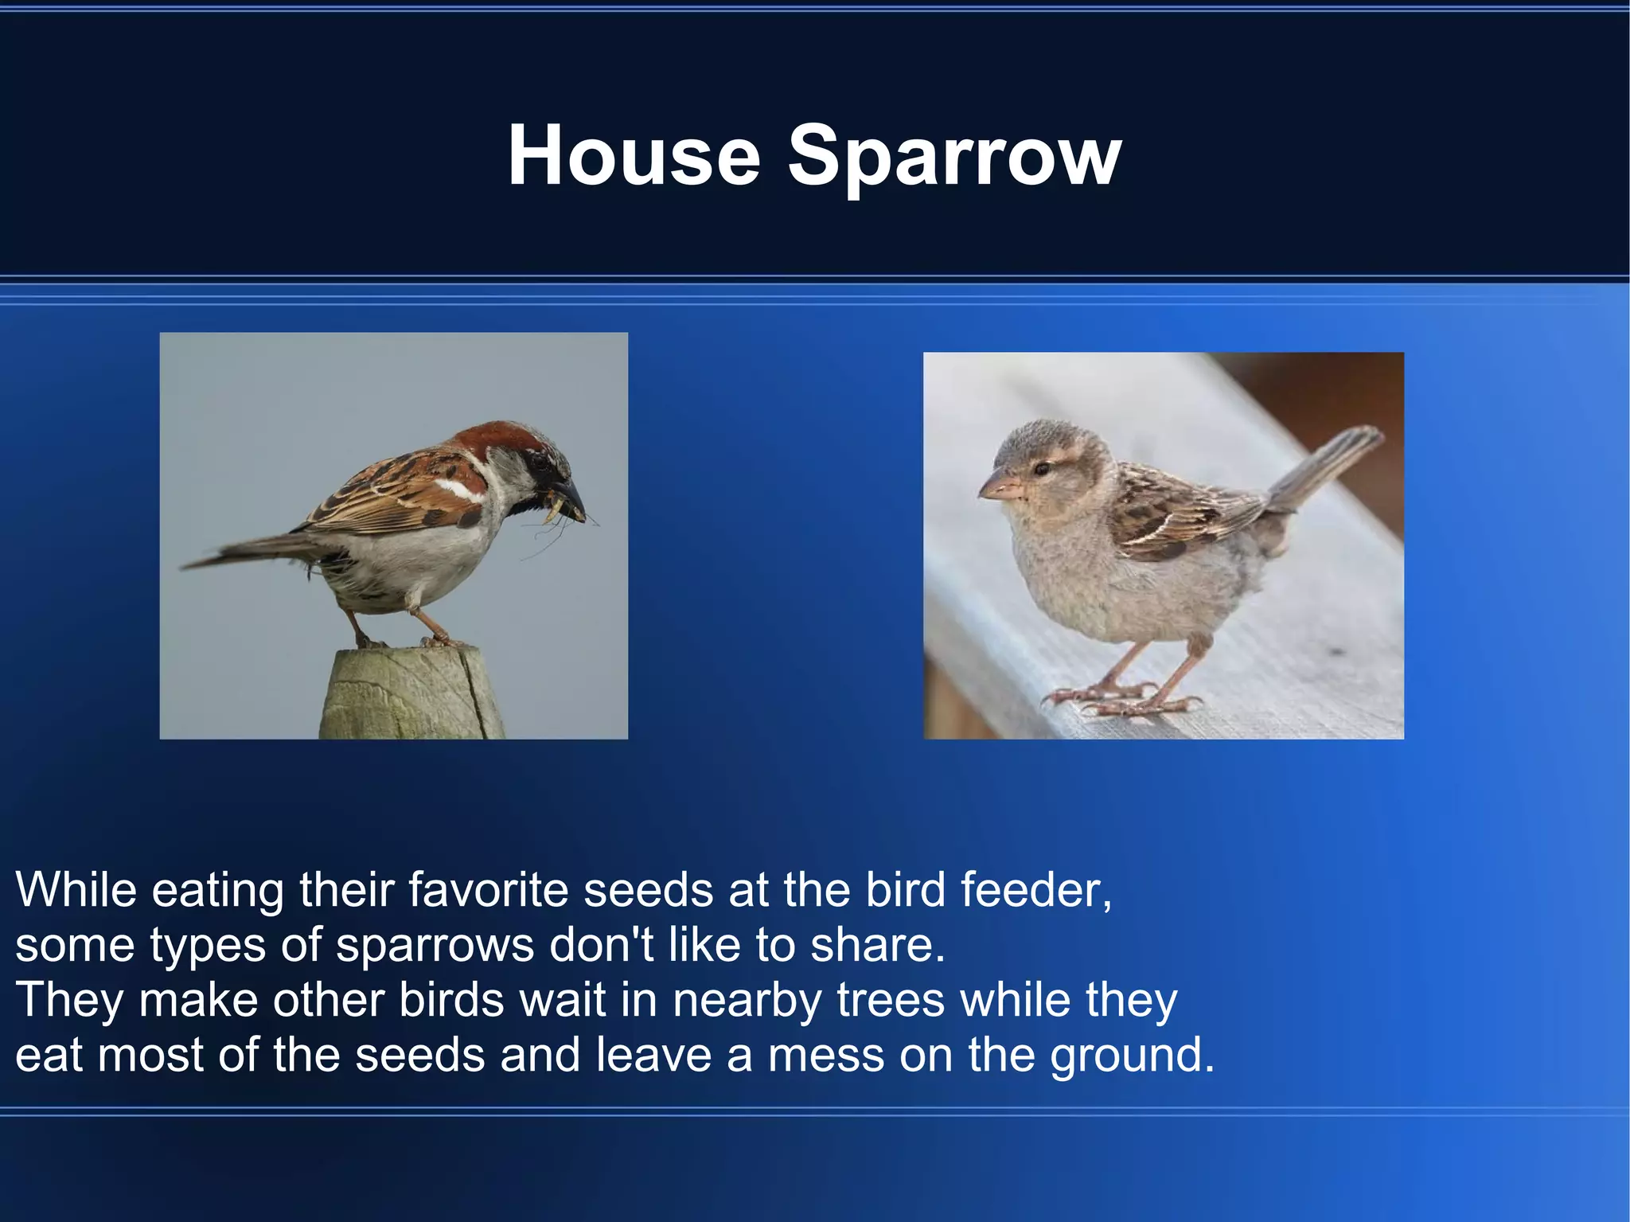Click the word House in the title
[634, 156]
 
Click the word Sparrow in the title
[953, 158]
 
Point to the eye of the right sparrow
[1041, 468]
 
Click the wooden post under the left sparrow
[411, 694]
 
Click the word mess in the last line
[825, 1056]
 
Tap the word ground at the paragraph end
[1130, 1056]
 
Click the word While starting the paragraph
[76, 889]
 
